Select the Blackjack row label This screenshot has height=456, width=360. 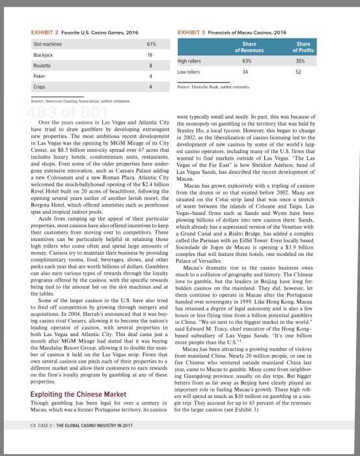click(x=42, y=55)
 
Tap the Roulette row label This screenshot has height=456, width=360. click(x=42, y=65)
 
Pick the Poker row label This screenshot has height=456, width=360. click(x=38, y=76)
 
